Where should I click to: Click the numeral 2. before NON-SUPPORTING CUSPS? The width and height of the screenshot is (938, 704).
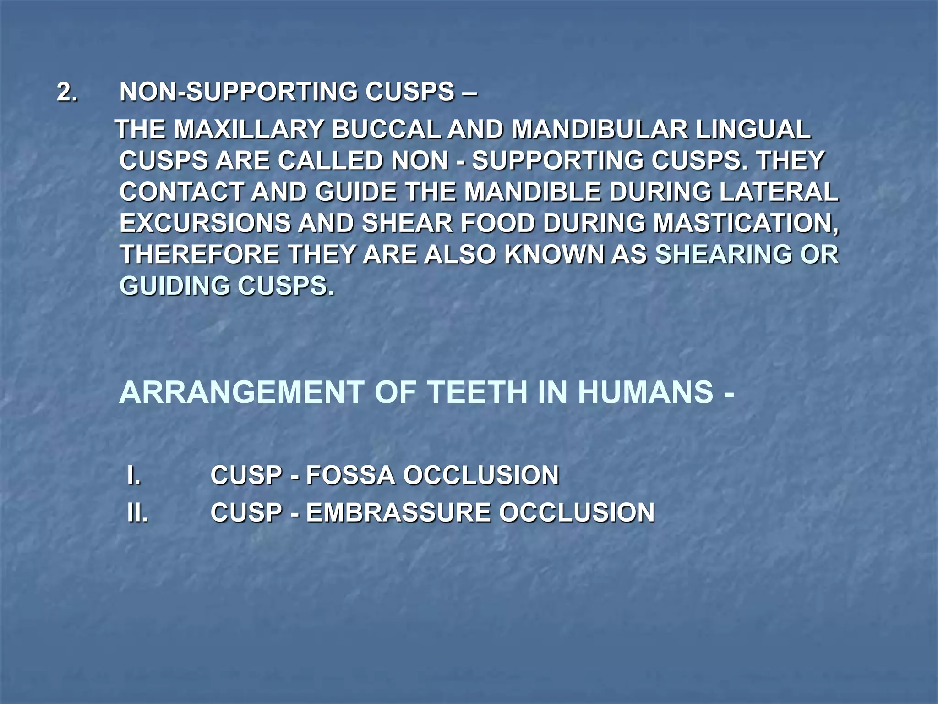(67, 92)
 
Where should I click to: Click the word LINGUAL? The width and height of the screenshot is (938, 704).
(753, 130)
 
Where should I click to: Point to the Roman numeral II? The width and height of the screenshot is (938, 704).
(137, 513)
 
